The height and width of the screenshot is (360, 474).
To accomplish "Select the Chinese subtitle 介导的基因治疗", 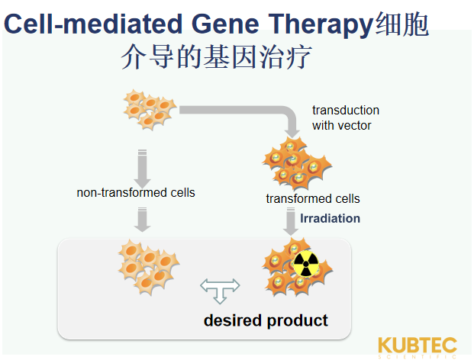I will (216, 59).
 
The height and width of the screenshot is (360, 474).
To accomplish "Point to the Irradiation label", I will (330, 219).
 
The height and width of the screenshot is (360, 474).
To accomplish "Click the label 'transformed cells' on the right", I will (313, 199).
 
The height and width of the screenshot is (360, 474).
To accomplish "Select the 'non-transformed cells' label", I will (136, 193).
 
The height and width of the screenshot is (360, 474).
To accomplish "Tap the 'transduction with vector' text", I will (345, 117).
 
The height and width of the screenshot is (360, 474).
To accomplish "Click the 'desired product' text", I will (266, 320).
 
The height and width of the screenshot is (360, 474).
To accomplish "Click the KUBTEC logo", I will (418, 345).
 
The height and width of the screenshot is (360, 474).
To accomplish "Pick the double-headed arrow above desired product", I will (220, 288).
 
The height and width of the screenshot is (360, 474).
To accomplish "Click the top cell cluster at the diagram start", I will (150, 109).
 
